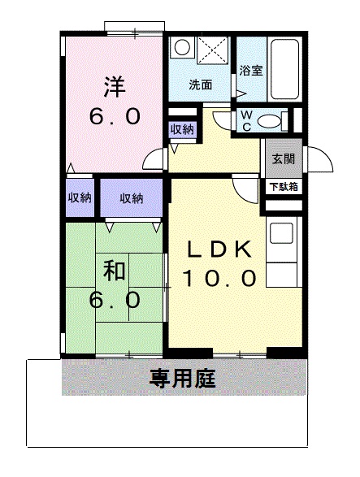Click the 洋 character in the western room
click(115, 85)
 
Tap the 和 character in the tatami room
click(113, 268)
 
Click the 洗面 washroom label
click(200, 84)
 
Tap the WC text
click(245, 120)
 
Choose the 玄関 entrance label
click(282, 159)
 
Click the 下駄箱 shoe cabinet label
click(282, 186)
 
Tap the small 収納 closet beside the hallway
click(182, 130)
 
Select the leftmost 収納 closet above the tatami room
click(80, 197)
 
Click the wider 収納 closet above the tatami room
click(132, 197)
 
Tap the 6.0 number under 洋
click(115, 115)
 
